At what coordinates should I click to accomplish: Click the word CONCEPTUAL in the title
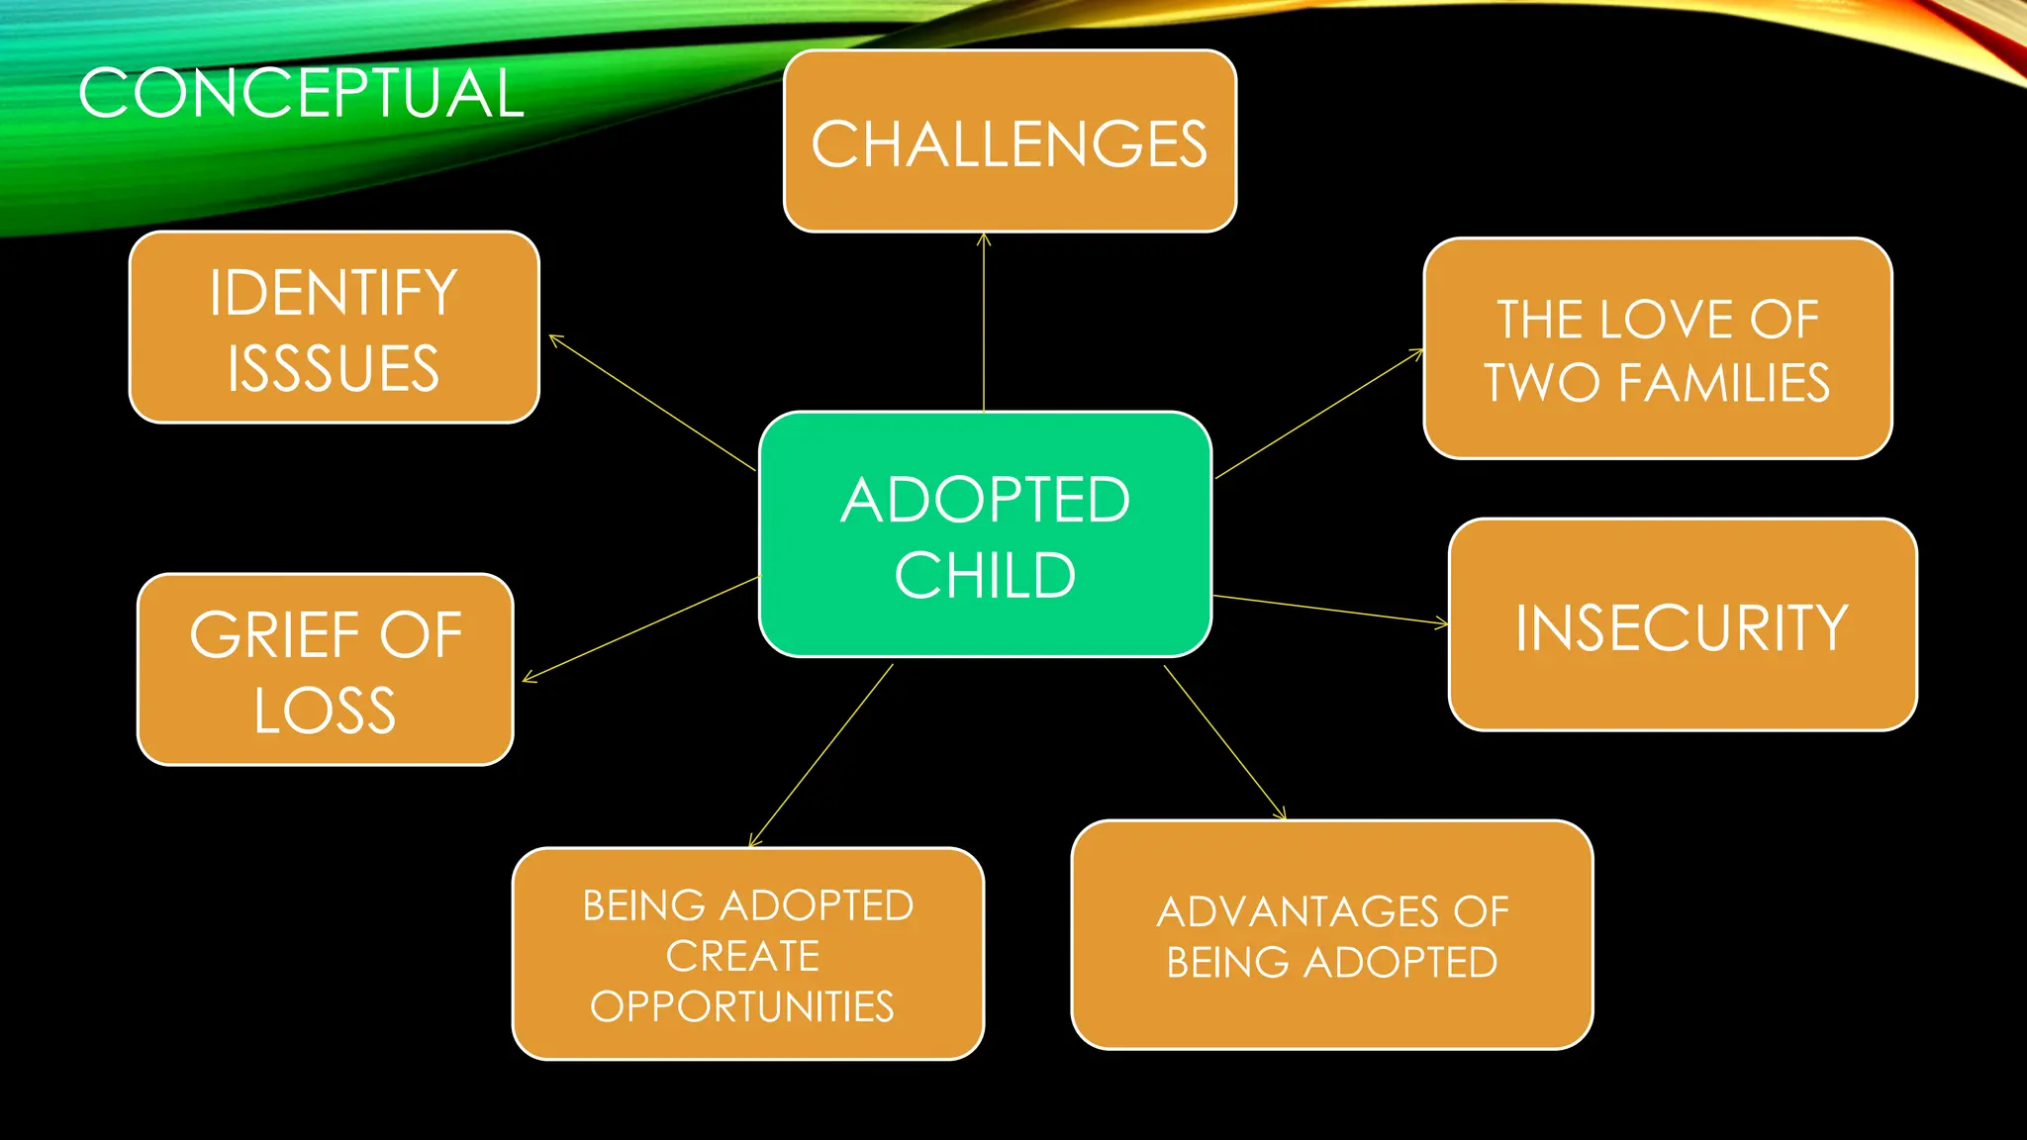[x=301, y=94]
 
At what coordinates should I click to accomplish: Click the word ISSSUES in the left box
[x=334, y=369]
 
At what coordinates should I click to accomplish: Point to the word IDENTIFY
[x=334, y=293]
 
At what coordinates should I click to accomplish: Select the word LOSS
[x=325, y=711]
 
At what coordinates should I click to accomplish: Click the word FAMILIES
[x=1724, y=383]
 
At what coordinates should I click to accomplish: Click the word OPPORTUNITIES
[x=742, y=1007]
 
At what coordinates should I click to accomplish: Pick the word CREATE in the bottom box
[x=742, y=957]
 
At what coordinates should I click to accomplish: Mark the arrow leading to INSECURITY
[x=1330, y=610]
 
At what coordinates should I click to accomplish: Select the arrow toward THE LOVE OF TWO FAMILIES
[x=1319, y=414]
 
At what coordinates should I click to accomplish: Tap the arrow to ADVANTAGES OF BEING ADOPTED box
[x=1224, y=742]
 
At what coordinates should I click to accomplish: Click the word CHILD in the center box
[x=985, y=576]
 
